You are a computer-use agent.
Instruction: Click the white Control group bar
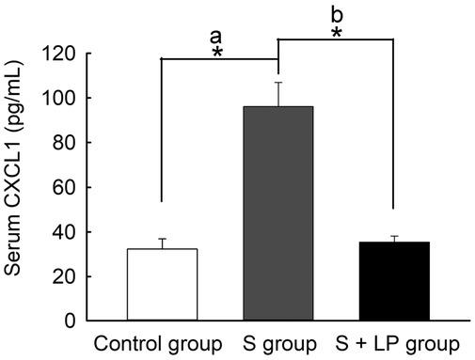163,285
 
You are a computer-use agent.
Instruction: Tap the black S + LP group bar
393,281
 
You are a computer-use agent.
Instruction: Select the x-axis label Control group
156,343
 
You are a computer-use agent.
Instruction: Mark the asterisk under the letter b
337,34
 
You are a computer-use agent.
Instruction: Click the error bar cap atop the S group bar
278,82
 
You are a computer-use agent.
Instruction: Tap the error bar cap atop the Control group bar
163,239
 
